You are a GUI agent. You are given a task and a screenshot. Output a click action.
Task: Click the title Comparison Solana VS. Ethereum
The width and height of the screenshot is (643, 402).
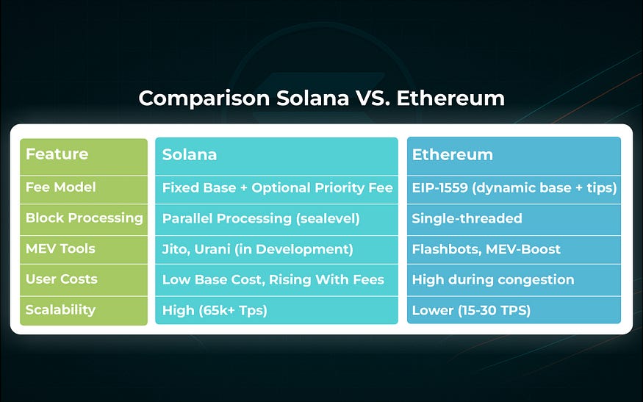321,98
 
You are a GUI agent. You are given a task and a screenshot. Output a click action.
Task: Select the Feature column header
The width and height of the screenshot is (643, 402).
57,154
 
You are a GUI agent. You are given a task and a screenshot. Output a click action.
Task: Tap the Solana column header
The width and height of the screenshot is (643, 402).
190,155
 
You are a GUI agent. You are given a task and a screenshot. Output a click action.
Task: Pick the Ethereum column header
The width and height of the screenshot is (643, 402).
452,155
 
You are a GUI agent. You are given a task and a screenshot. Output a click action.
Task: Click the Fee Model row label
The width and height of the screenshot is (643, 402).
60,187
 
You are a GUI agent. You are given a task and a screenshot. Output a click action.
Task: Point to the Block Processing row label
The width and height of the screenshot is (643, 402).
84,218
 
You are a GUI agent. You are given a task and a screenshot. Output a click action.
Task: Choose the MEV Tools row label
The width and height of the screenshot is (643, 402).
60,249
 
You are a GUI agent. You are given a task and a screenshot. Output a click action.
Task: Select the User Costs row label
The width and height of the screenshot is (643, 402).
61,279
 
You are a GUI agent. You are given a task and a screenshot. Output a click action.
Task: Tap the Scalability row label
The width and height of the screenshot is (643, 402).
60,310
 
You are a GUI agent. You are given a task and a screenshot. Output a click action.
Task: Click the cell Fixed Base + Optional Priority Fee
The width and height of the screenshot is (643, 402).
277,187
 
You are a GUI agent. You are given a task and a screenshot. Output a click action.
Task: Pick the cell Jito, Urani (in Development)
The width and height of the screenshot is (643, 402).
257,249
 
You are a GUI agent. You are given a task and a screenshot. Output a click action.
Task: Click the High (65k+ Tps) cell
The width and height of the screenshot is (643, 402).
215,310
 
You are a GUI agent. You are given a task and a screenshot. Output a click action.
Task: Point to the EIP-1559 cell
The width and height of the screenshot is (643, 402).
514,187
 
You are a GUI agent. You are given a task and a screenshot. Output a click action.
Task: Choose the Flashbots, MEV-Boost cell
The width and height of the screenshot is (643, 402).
486,249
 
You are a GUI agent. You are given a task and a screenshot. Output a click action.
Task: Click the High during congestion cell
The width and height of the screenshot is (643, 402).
492,279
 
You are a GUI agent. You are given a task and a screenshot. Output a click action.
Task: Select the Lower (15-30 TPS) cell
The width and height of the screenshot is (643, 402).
471,310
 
